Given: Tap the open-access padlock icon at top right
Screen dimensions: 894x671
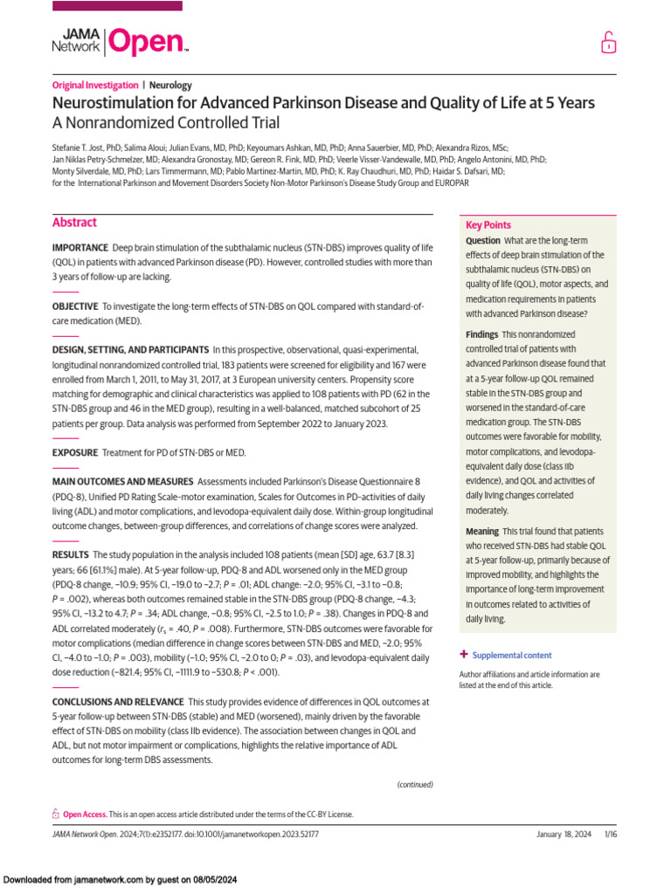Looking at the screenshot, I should [x=607, y=42].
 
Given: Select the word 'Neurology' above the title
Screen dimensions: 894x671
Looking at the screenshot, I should [x=170, y=86].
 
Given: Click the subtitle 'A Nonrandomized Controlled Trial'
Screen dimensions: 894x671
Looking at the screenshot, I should [x=167, y=123].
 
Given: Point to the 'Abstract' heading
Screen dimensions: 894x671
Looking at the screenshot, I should [x=74, y=223].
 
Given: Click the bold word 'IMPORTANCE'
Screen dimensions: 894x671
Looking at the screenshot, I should [x=80, y=249].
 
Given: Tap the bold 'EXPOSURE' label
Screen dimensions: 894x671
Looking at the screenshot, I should [x=74, y=452].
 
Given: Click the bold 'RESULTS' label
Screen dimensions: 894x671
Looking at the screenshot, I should [x=70, y=554].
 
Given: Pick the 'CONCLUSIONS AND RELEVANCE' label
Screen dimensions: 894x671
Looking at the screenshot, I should [x=118, y=702].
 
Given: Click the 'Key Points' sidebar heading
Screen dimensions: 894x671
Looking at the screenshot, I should [x=488, y=225].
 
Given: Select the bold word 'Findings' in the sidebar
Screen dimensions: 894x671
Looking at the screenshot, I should [x=482, y=335].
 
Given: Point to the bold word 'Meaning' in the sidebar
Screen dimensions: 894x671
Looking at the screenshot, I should [x=482, y=532].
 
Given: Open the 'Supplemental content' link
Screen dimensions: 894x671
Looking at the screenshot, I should [x=511, y=655].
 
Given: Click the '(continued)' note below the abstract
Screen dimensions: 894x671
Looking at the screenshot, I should [x=415, y=784].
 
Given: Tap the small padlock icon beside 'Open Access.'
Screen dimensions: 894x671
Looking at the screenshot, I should [x=56, y=814].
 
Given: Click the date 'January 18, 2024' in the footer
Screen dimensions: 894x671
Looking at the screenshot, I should [x=564, y=835].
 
